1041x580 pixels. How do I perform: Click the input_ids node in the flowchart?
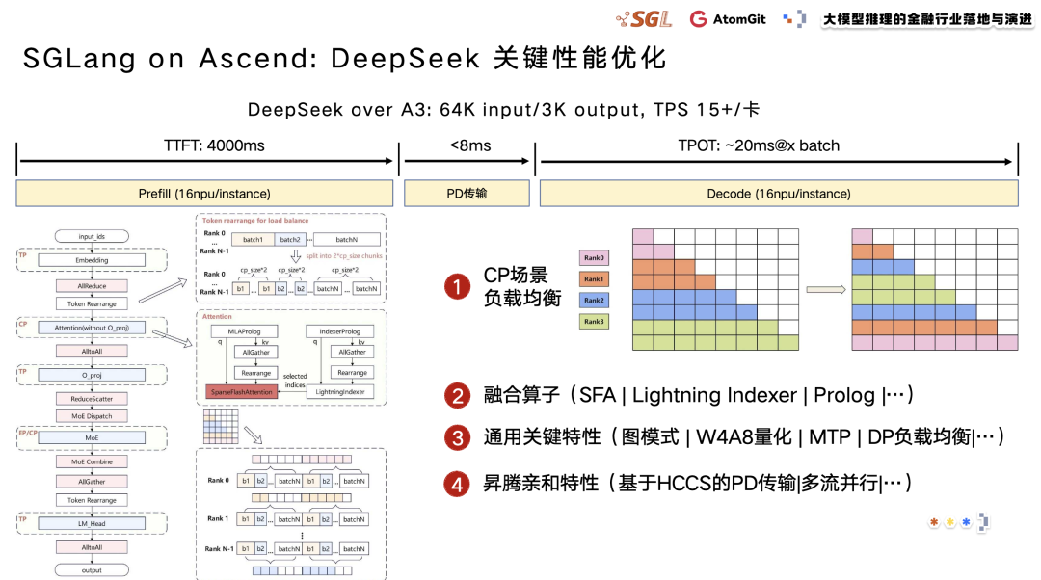point(93,237)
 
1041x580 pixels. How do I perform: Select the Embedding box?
point(93,260)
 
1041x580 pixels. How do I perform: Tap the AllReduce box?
point(93,286)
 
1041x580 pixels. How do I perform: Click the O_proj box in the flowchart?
point(93,374)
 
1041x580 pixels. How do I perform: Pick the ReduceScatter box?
point(93,399)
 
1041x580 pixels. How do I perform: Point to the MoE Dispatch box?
point(93,416)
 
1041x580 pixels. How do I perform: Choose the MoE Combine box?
point(93,461)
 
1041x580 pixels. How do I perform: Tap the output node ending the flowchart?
point(93,570)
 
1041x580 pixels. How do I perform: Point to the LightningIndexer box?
point(341,392)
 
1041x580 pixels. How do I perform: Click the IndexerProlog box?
point(333,331)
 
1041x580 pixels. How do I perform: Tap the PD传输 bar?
point(468,194)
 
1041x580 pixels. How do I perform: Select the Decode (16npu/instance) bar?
point(779,194)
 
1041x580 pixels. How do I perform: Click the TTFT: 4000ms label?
point(207,145)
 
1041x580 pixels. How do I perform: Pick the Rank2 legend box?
point(594,300)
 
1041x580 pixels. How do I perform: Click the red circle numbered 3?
point(456,438)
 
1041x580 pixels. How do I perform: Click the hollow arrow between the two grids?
point(825,288)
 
